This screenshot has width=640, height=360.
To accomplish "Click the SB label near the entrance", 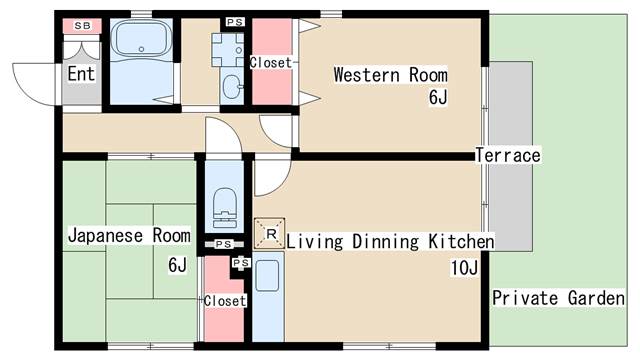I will coord(80,24).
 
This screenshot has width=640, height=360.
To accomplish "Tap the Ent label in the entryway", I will coord(80,73).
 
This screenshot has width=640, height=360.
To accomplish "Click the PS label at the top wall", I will coord(234,21).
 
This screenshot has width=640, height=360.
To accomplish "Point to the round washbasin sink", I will coord(233,87).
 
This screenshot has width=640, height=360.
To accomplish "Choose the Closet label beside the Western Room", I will coord(270,62).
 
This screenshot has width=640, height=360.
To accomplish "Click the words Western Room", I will coord(390,74).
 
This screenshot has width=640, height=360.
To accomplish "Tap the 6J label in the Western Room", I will coord(438,97).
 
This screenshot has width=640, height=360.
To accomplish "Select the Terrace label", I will coord(507,155).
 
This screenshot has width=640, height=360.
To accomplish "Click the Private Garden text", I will coord(558,298).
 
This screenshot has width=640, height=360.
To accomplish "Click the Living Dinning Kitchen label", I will coord(390,242).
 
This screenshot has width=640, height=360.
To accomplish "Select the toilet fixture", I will coord(223,213).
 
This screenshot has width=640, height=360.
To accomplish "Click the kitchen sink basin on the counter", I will coord(267,276).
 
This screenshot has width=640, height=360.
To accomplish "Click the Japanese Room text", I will coord(128,236).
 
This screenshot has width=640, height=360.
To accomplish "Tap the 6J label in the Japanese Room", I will coord(177,265).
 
